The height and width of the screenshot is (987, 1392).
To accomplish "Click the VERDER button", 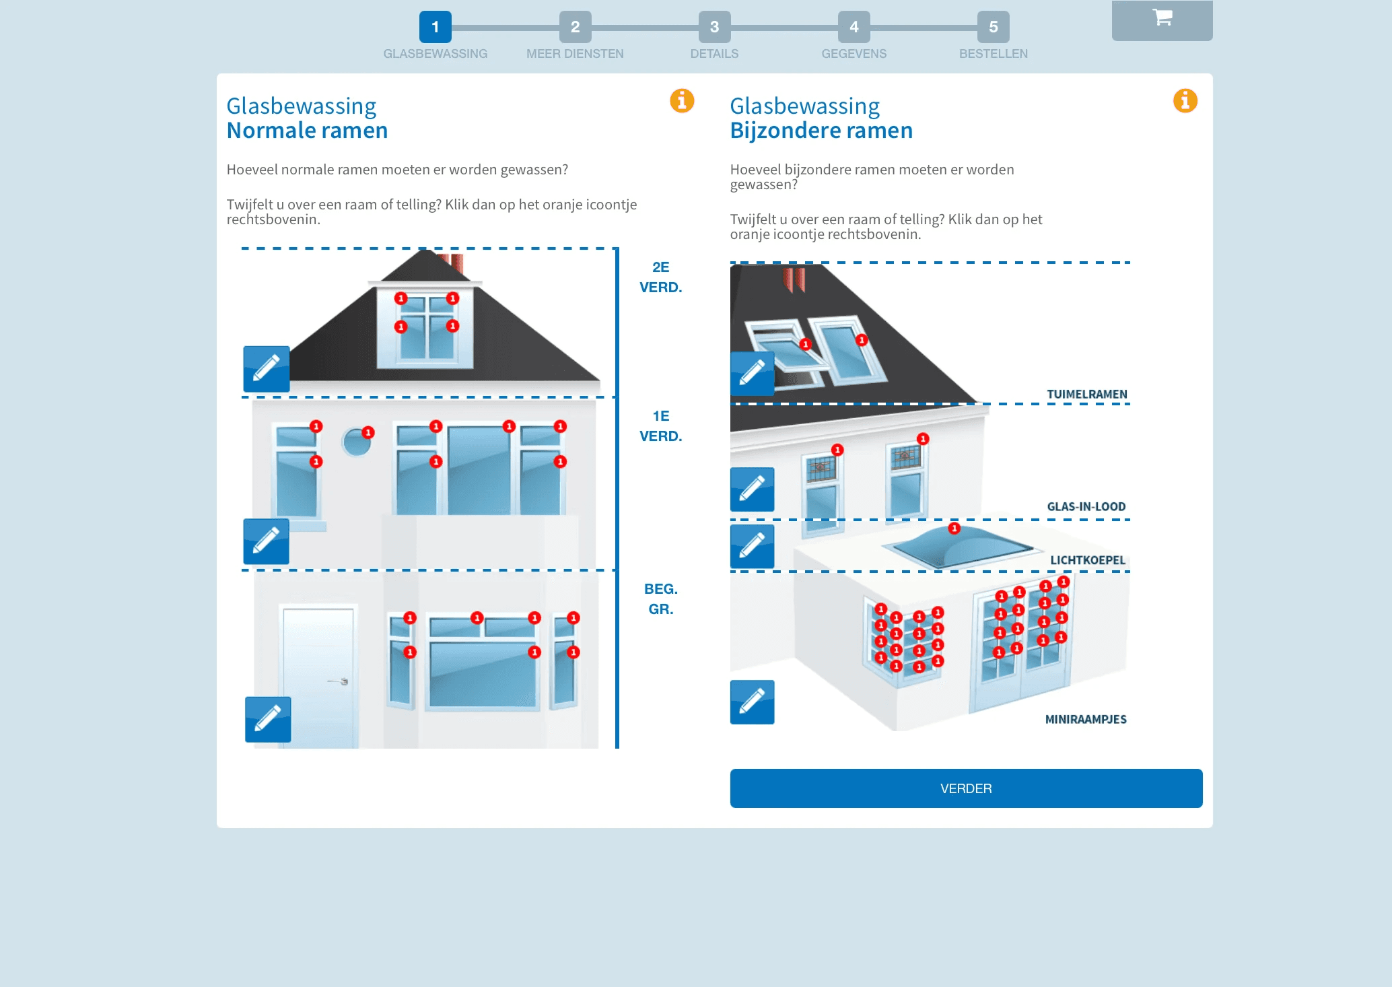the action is (x=966, y=788).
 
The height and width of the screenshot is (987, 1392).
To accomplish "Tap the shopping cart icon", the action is (x=1162, y=18).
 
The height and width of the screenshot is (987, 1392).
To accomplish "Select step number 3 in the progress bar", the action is (x=714, y=27).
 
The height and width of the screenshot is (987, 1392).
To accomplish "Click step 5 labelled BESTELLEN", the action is (x=993, y=27).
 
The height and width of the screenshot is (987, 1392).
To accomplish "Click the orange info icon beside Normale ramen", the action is (x=682, y=101).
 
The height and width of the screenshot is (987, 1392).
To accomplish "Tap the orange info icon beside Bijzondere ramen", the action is (x=1185, y=101).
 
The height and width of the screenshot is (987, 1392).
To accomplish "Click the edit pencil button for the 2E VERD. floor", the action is (x=267, y=369).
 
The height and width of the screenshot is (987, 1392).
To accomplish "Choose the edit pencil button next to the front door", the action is (x=268, y=719).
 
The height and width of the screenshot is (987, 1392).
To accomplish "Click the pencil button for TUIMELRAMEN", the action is (x=753, y=373).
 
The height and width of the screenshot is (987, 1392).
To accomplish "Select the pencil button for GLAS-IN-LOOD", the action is (x=753, y=489).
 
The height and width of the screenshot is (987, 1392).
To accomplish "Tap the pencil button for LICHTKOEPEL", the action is (x=753, y=546).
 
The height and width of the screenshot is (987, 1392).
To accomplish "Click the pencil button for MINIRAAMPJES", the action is (x=753, y=702).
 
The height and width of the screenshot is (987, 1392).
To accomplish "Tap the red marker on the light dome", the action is (x=954, y=529).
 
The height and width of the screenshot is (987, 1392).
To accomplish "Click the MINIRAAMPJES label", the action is (x=1086, y=719).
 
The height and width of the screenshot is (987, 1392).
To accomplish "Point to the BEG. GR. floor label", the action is (x=661, y=599).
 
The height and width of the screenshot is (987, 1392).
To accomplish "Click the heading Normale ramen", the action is (x=307, y=130).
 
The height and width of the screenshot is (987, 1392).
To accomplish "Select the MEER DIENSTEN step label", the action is (x=575, y=54).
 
